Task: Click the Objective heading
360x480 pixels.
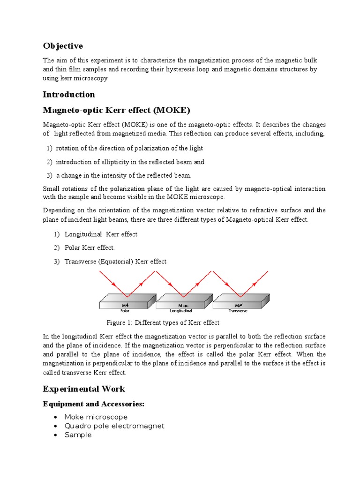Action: point(63,46)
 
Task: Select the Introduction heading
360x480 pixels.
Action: point(69,95)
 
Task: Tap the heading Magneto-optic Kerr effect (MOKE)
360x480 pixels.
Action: point(117,111)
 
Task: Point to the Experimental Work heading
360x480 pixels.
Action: point(84,389)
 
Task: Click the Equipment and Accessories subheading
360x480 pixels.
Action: point(93,404)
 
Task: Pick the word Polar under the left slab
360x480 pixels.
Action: point(125,310)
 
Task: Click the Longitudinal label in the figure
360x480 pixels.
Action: point(180,310)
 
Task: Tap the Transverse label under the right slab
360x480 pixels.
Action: point(238,310)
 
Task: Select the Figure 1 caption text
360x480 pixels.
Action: point(163,322)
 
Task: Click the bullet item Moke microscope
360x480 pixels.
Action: point(96,417)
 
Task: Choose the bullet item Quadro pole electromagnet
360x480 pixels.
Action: point(114,426)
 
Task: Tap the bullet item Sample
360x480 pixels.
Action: point(78,435)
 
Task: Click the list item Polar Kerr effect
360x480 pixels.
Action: point(90,247)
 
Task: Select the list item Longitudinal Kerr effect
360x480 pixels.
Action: point(101,234)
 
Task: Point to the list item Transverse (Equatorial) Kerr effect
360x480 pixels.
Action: point(115,262)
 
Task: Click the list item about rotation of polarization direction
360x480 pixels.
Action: point(129,148)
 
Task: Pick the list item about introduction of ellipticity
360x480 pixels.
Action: point(130,162)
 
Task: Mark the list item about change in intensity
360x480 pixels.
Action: point(124,175)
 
